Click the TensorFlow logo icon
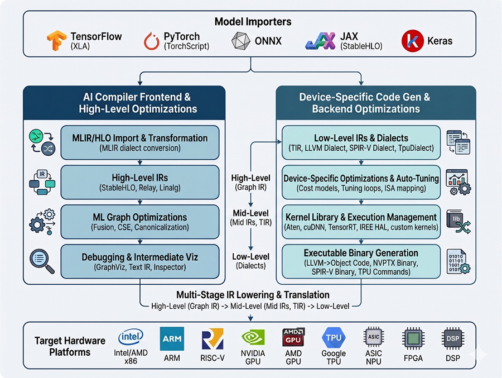[x=57, y=40]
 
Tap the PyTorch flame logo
[x=151, y=41]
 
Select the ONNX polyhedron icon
[x=241, y=41]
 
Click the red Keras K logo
[x=412, y=41]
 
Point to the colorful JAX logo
[x=321, y=41]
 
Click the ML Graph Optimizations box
[x=140, y=222]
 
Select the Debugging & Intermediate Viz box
[x=140, y=262]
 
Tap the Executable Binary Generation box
[x=361, y=262]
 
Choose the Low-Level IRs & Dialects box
[x=361, y=142]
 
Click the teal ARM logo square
[x=172, y=338]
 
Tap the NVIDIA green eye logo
[x=253, y=338]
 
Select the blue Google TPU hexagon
[x=334, y=338]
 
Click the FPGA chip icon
[x=413, y=338]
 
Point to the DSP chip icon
[x=453, y=338]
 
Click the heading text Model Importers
[x=253, y=21]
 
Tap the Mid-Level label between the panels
[x=250, y=213]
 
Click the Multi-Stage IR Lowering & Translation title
[x=253, y=295]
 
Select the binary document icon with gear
[x=458, y=262]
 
